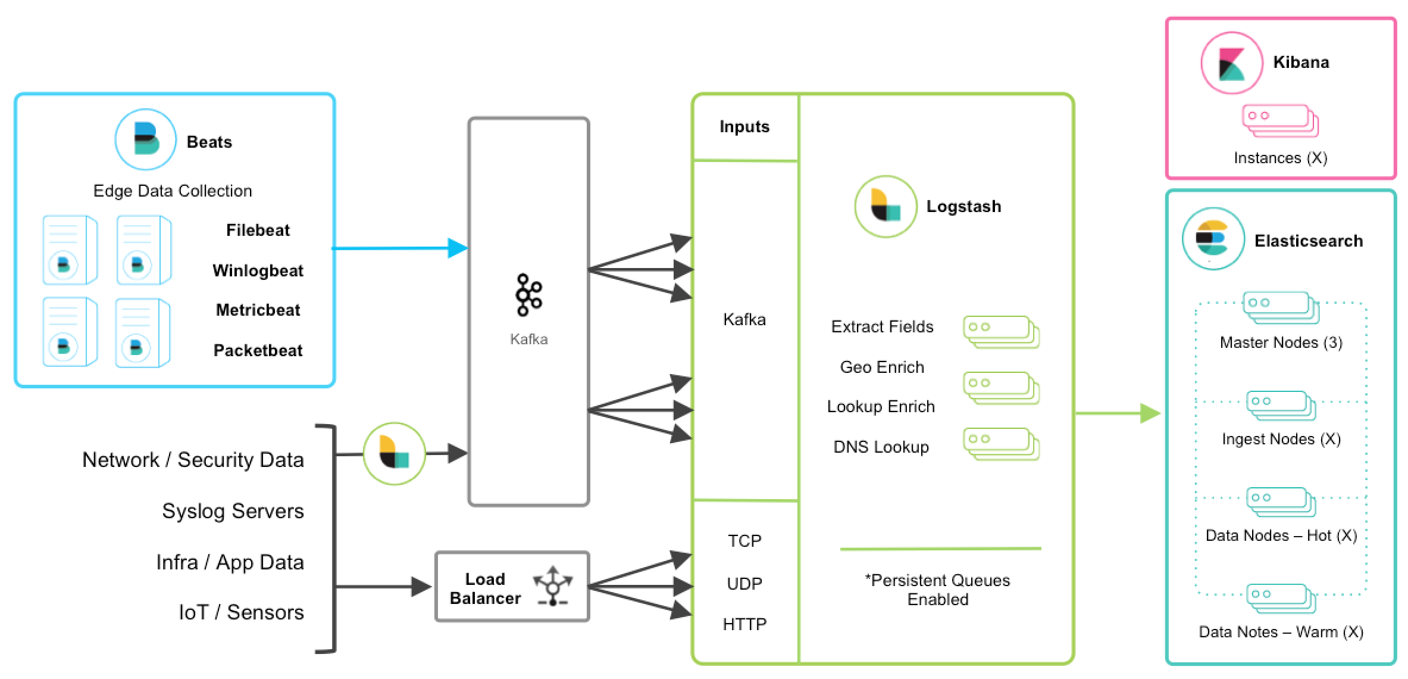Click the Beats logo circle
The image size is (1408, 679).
pyautogui.click(x=145, y=139)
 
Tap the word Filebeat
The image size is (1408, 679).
pyautogui.click(x=258, y=230)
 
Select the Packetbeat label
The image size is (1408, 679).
pyautogui.click(x=258, y=350)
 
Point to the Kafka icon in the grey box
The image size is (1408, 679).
pyautogui.click(x=528, y=295)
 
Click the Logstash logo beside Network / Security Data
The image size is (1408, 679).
pyautogui.click(x=394, y=454)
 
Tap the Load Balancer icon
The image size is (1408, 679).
pyautogui.click(x=553, y=587)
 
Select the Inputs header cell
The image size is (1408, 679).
pyautogui.click(x=744, y=127)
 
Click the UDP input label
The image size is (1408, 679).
pyautogui.click(x=744, y=584)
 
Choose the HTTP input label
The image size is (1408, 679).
pyautogui.click(x=744, y=624)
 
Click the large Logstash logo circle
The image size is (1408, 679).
pyautogui.click(x=886, y=207)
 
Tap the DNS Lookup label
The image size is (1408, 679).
pyautogui.click(x=881, y=447)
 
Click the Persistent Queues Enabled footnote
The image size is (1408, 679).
pyautogui.click(x=937, y=590)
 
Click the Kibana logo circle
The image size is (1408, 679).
pyautogui.click(x=1231, y=63)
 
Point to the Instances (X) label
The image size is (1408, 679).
pyautogui.click(x=1280, y=158)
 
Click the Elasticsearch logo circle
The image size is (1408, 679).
pyautogui.click(x=1213, y=239)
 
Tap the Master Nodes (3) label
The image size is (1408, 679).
pyautogui.click(x=1281, y=342)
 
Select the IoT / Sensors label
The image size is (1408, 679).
pyautogui.click(x=241, y=612)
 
